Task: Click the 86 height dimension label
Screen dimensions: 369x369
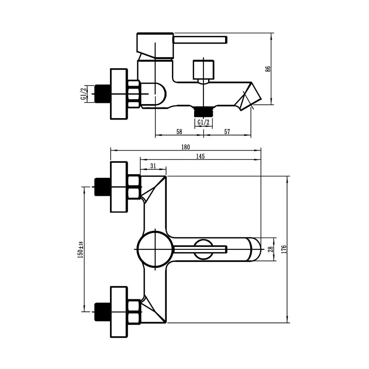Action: (x=268, y=69)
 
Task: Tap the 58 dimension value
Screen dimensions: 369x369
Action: (x=179, y=132)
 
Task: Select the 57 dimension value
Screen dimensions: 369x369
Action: (x=227, y=132)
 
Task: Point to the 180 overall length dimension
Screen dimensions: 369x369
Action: (x=186, y=147)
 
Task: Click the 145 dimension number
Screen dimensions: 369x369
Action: (x=200, y=156)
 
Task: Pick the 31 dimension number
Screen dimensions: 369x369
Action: (x=153, y=166)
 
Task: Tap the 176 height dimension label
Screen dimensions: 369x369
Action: (x=284, y=249)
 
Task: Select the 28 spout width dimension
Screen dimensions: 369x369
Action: (x=270, y=249)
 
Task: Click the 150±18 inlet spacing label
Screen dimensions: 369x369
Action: (x=80, y=250)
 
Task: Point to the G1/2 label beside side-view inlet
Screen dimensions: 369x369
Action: (x=83, y=94)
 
